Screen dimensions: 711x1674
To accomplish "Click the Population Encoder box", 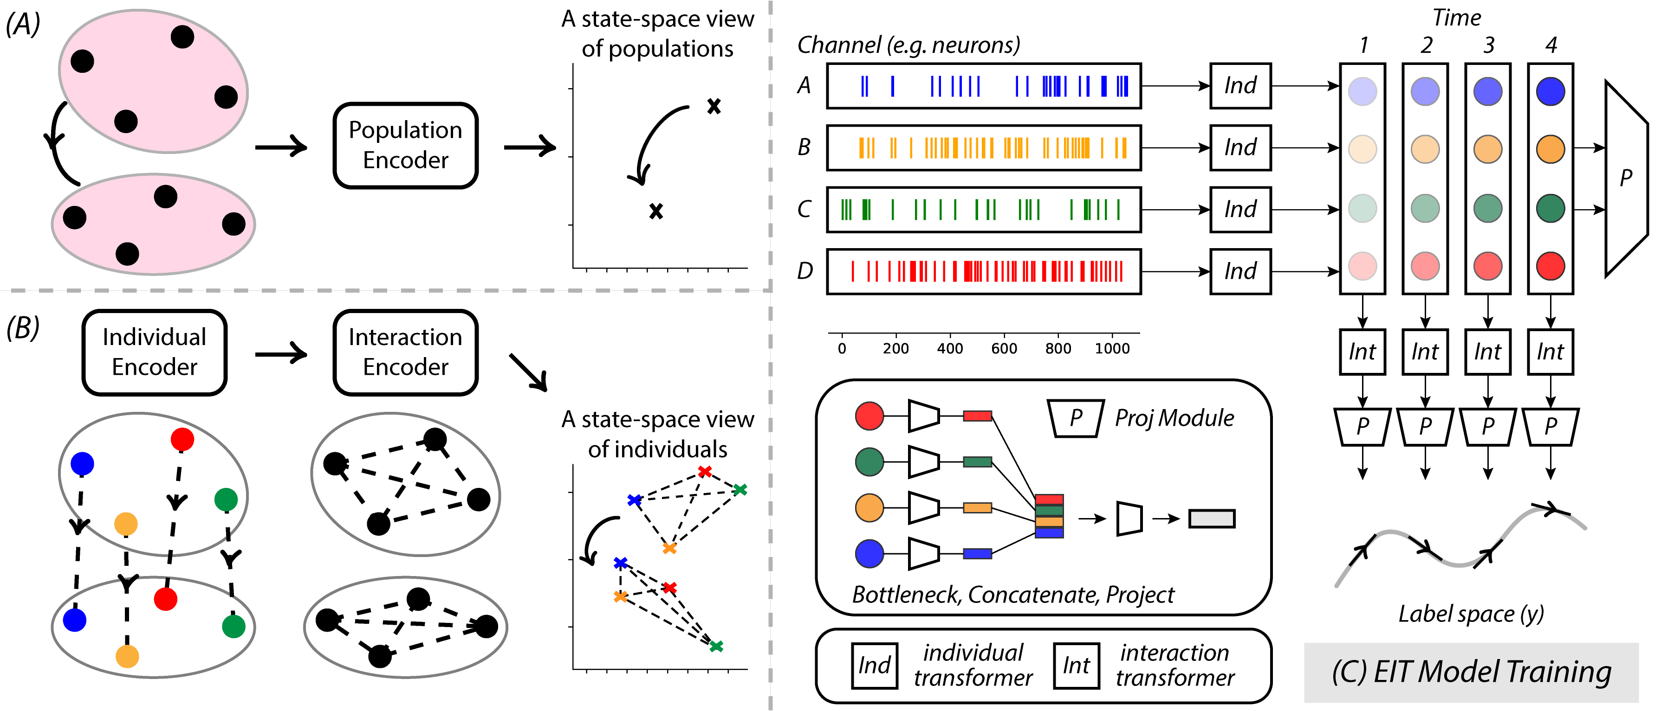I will [406, 146].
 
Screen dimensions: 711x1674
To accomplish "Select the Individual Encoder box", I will [155, 352].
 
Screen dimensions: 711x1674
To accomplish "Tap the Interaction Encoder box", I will [406, 352].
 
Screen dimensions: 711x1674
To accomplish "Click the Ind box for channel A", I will [1240, 86].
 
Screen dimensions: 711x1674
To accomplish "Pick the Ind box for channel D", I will [1240, 271].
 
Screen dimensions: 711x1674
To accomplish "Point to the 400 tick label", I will [949, 349].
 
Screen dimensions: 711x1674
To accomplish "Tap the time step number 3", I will [1488, 45].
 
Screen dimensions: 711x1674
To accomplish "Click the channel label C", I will [804, 209].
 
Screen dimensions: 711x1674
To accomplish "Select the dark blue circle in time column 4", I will [1550, 91].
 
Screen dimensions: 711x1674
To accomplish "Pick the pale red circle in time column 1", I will [1362, 266].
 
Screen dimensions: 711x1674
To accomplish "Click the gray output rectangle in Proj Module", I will [1211, 519].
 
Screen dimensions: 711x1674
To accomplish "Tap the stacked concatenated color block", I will [1049, 516].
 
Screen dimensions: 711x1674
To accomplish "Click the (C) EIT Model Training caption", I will [1471, 672].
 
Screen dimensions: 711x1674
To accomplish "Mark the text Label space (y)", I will [1471, 614].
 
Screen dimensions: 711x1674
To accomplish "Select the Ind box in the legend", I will [874, 666].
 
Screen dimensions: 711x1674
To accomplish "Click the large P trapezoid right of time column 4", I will [1626, 179].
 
